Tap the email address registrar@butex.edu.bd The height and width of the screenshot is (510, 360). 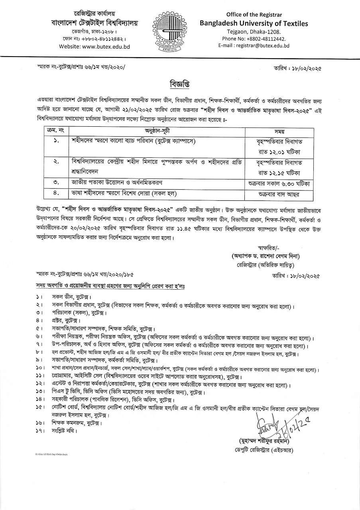(254, 46)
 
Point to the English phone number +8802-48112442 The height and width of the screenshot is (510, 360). (254, 39)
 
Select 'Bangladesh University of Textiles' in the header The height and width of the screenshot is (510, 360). (254, 24)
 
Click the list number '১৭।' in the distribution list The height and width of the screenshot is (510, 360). (39, 430)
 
